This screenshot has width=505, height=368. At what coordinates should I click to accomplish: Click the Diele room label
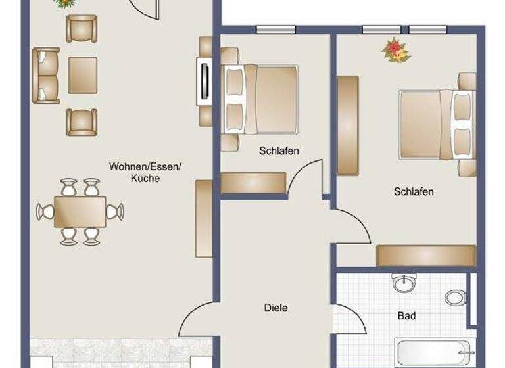click(276, 308)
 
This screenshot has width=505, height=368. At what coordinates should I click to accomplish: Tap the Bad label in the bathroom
click(406, 316)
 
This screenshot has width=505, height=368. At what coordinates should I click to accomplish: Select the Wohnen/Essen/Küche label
click(145, 172)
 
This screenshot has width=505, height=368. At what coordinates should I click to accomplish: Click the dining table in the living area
click(80, 212)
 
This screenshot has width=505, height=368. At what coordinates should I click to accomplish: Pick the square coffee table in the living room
click(82, 75)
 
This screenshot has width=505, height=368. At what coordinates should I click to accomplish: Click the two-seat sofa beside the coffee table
click(45, 76)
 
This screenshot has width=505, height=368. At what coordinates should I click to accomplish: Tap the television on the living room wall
click(203, 80)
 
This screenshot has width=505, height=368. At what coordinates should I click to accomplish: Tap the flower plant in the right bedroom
click(396, 51)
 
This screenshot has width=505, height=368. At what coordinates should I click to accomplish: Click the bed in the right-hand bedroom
click(435, 124)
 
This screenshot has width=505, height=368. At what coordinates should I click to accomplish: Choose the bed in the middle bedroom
click(260, 99)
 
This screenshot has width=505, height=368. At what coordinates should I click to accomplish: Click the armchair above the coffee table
click(82, 28)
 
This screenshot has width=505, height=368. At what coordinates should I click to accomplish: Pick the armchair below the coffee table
click(82, 122)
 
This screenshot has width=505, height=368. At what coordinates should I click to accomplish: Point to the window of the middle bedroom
click(275, 29)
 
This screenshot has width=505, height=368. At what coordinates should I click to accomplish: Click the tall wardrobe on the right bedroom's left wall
click(347, 126)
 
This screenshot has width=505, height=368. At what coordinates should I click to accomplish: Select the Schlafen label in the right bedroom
click(414, 192)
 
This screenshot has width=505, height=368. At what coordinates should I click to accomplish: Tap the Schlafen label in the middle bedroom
click(279, 151)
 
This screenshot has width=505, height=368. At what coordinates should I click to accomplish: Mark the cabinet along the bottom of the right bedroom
click(425, 256)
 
